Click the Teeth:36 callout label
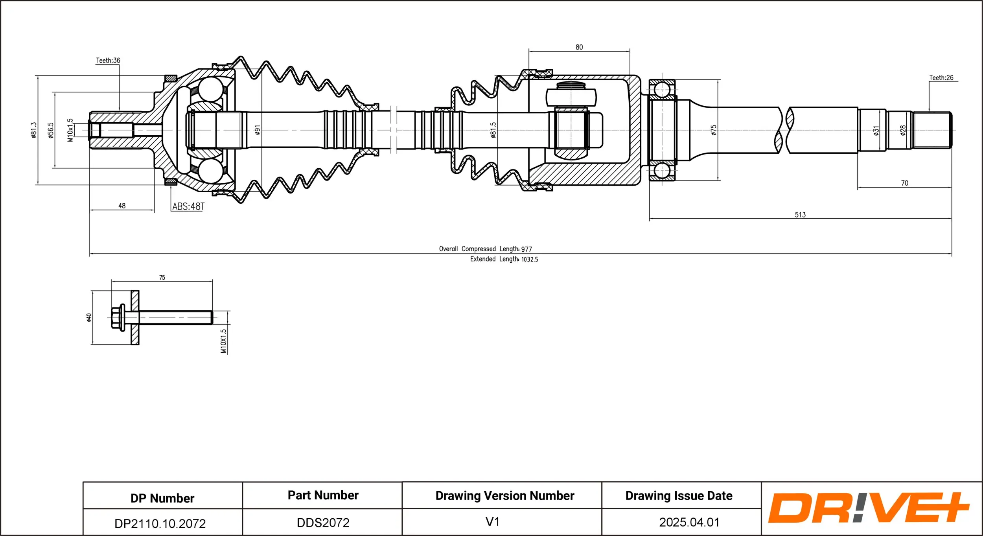[x=108, y=61]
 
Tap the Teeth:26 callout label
[x=941, y=78]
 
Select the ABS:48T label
[x=188, y=206]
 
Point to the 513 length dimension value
[x=800, y=215]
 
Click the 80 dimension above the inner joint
[x=579, y=47]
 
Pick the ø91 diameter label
[x=258, y=130]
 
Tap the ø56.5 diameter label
[x=50, y=130]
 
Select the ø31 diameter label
[x=876, y=131]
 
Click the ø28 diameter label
[x=903, y=130]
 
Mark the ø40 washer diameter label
[x=89, y=317]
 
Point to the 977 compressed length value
[x=526, y=249]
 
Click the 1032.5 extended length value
[x=530, y=260]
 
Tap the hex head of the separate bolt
[x=116, y=317]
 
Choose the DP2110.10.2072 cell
[x=160, y=523]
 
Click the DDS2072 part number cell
[x=323, y=523]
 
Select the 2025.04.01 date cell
[x=689, y=522]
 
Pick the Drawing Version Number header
[x=504, y=495]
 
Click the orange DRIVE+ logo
[x=868, y=508]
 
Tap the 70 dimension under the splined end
[x=904, y=183]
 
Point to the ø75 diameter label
[x=714, y=130]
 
